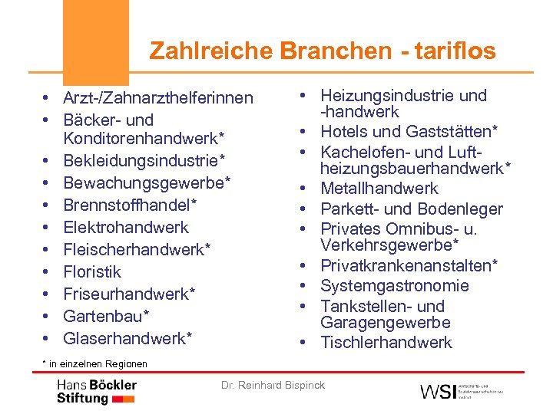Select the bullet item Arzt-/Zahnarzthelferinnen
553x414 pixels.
coord(157,98)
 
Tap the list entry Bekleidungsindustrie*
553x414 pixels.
coord(144,162)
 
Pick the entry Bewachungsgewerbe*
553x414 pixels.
coord(147,183)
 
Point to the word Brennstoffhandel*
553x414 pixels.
coord(130,205)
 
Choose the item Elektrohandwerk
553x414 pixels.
coord(125,228)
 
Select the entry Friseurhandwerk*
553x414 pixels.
coord(129,294)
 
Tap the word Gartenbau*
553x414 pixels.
coord(106,317)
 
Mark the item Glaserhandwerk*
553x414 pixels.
coord(127,338)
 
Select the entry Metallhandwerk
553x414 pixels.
coord(379,189)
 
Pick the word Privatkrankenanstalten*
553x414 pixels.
coord(409,266)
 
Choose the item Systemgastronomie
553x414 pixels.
coord(394,286)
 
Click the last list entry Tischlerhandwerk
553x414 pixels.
coord(386,343)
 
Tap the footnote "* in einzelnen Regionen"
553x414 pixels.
coord(94,363)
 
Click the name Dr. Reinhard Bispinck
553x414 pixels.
coord(273,385)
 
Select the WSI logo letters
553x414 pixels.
coord(437,391)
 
